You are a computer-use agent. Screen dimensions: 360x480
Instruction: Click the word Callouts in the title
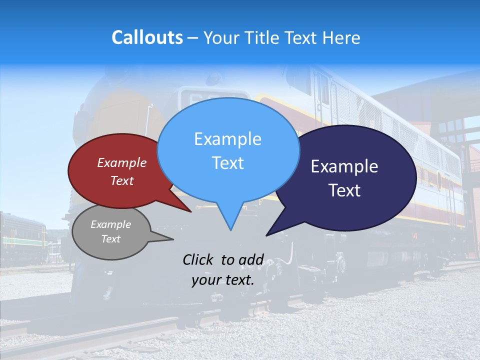(x=147, y=37)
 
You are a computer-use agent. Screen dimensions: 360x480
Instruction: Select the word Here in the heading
(x=341, y=37)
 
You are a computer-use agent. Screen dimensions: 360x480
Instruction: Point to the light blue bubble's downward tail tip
(x=230, y=230)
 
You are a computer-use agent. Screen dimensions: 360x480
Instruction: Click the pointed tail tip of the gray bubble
(x=173, y=239)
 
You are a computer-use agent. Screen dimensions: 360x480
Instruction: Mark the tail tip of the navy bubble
(x=266, y=235)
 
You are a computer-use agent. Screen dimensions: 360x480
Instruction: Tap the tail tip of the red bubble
(x=190, y=211)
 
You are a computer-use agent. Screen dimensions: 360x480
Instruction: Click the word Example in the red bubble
(x=122, y=162)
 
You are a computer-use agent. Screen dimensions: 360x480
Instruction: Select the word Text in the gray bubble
(x=111, y=239)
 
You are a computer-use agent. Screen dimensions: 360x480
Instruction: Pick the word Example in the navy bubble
(x=344, y=166)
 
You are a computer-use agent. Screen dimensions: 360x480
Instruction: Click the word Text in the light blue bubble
(x=228, y=163)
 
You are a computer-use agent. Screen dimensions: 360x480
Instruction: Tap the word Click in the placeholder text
(x=198, y=259)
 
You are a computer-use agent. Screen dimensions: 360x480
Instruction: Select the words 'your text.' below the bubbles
(x=223, y=280)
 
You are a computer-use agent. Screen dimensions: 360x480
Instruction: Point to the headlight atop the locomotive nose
(x=214, y=79)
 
